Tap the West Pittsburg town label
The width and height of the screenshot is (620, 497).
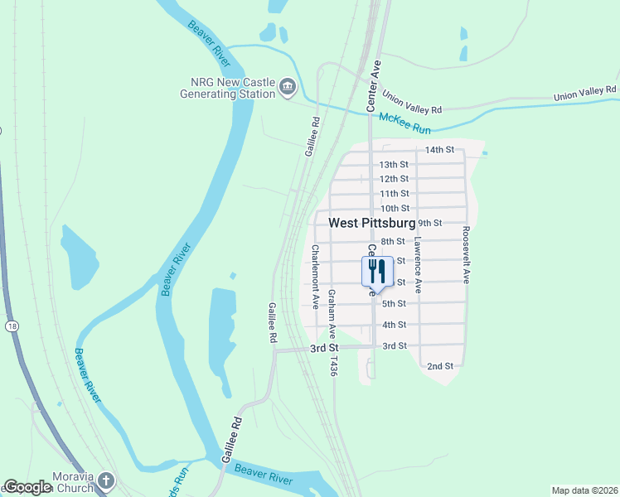coord(372,224)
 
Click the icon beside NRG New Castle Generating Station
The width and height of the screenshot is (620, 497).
coord(288,86)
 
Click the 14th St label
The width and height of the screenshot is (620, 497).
coord(439,150)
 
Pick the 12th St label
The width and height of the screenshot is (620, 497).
coord(394,179)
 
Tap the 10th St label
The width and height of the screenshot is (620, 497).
coord(395,208)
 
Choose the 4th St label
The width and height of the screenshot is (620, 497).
coord(394,325)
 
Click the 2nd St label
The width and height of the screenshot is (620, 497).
coord(440,365)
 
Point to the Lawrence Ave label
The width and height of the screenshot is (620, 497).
coord(419,266)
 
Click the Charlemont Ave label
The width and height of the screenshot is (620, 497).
coord(316,277)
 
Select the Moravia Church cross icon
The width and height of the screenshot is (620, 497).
coord(105,480)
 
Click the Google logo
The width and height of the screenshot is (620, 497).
coord(27,488)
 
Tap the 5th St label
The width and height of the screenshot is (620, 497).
coord(394,303)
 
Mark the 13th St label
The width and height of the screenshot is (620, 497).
coord(394,165)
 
